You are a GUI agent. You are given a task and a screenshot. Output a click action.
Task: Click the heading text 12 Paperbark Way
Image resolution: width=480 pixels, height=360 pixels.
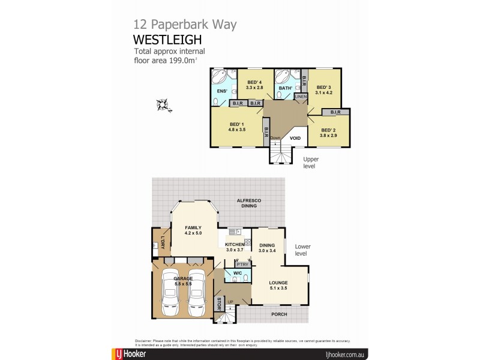click(x=185, y=25)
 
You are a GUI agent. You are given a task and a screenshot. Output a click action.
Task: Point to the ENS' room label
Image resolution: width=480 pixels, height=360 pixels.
click(x=221, y=91)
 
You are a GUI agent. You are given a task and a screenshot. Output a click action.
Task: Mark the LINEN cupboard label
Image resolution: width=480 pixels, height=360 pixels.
click(x=301, y=96)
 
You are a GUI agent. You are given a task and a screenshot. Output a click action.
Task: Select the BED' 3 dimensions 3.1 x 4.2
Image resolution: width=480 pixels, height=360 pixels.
click(x=324, y=93)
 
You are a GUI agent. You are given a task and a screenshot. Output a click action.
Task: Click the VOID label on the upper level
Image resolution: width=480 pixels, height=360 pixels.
click(x=295, y=138)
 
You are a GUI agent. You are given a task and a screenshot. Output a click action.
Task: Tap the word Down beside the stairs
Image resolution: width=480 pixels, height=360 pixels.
click(x=275, y=138)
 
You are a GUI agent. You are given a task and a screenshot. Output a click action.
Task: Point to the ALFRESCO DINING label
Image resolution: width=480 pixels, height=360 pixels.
click(x=249, y=203)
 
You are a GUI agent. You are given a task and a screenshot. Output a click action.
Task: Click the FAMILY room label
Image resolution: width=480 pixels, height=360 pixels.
click(x=193, y=227)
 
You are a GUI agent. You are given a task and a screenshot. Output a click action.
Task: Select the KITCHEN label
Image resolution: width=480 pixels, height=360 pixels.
click(x=234, y=245)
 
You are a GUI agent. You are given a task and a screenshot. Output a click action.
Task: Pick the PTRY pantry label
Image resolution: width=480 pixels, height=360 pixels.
click(x=242, y=264)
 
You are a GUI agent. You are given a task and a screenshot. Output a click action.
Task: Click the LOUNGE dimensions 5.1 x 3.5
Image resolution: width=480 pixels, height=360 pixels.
click(x=278, y=289)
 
